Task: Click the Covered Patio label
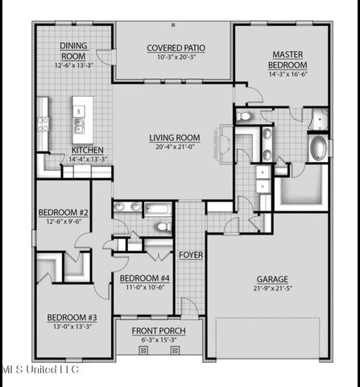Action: [x=174, y=48]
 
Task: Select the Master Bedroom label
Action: [x=288, y=59]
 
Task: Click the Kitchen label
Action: [x=87, y=150]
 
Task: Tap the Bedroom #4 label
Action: [x=143, y=279]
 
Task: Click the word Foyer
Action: [x=191, y=256]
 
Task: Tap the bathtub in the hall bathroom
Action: [x=158, y=210]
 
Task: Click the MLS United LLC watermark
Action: [x=39, y=369]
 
